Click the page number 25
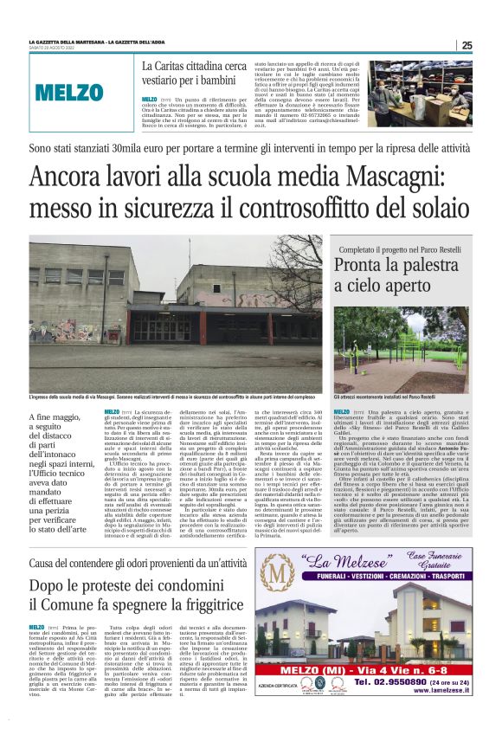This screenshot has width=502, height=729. [x=467, y=45]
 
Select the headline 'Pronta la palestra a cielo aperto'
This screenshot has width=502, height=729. [x=396, y=274]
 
